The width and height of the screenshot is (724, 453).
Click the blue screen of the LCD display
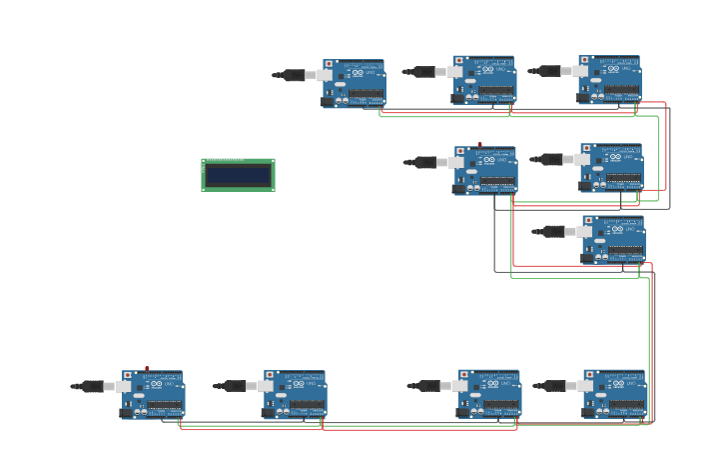tap(238, 176)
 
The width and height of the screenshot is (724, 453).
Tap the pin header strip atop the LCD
tap(225, 160)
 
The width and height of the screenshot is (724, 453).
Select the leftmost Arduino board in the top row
tap(356, 83)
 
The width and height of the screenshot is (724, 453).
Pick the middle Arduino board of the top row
tap(485, 80)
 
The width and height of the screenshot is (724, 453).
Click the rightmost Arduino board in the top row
tap(610, 80)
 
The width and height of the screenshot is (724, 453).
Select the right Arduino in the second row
tap(612, 168)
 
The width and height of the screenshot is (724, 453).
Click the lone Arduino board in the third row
tap(614, 240)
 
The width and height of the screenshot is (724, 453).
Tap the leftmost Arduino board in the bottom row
tap(154, 394)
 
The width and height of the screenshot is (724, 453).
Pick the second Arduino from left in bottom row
tap(296, 394)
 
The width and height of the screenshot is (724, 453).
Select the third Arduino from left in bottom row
tap(490, 394)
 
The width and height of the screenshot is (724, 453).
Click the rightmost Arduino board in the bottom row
tap(615, 394)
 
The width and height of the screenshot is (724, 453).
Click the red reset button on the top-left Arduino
tap(330, 64)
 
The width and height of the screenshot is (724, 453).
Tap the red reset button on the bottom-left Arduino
tap(129, 375)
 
